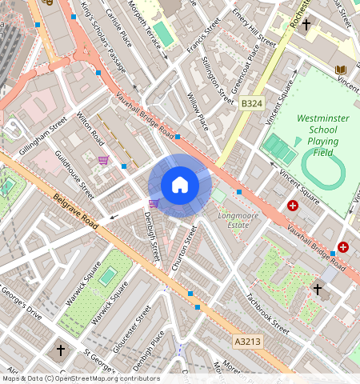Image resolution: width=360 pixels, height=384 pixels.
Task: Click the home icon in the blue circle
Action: [x=180, y=185]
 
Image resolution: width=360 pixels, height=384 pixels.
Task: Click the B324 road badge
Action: [x=251, y=103]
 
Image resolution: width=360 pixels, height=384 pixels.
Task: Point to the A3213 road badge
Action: [x=246, y=342]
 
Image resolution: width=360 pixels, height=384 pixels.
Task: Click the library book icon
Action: [x=342, y=70]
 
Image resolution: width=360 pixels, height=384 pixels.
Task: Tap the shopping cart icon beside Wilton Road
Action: [x=103, y=160]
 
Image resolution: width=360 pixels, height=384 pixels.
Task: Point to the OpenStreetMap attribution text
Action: [x=80, y=378]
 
